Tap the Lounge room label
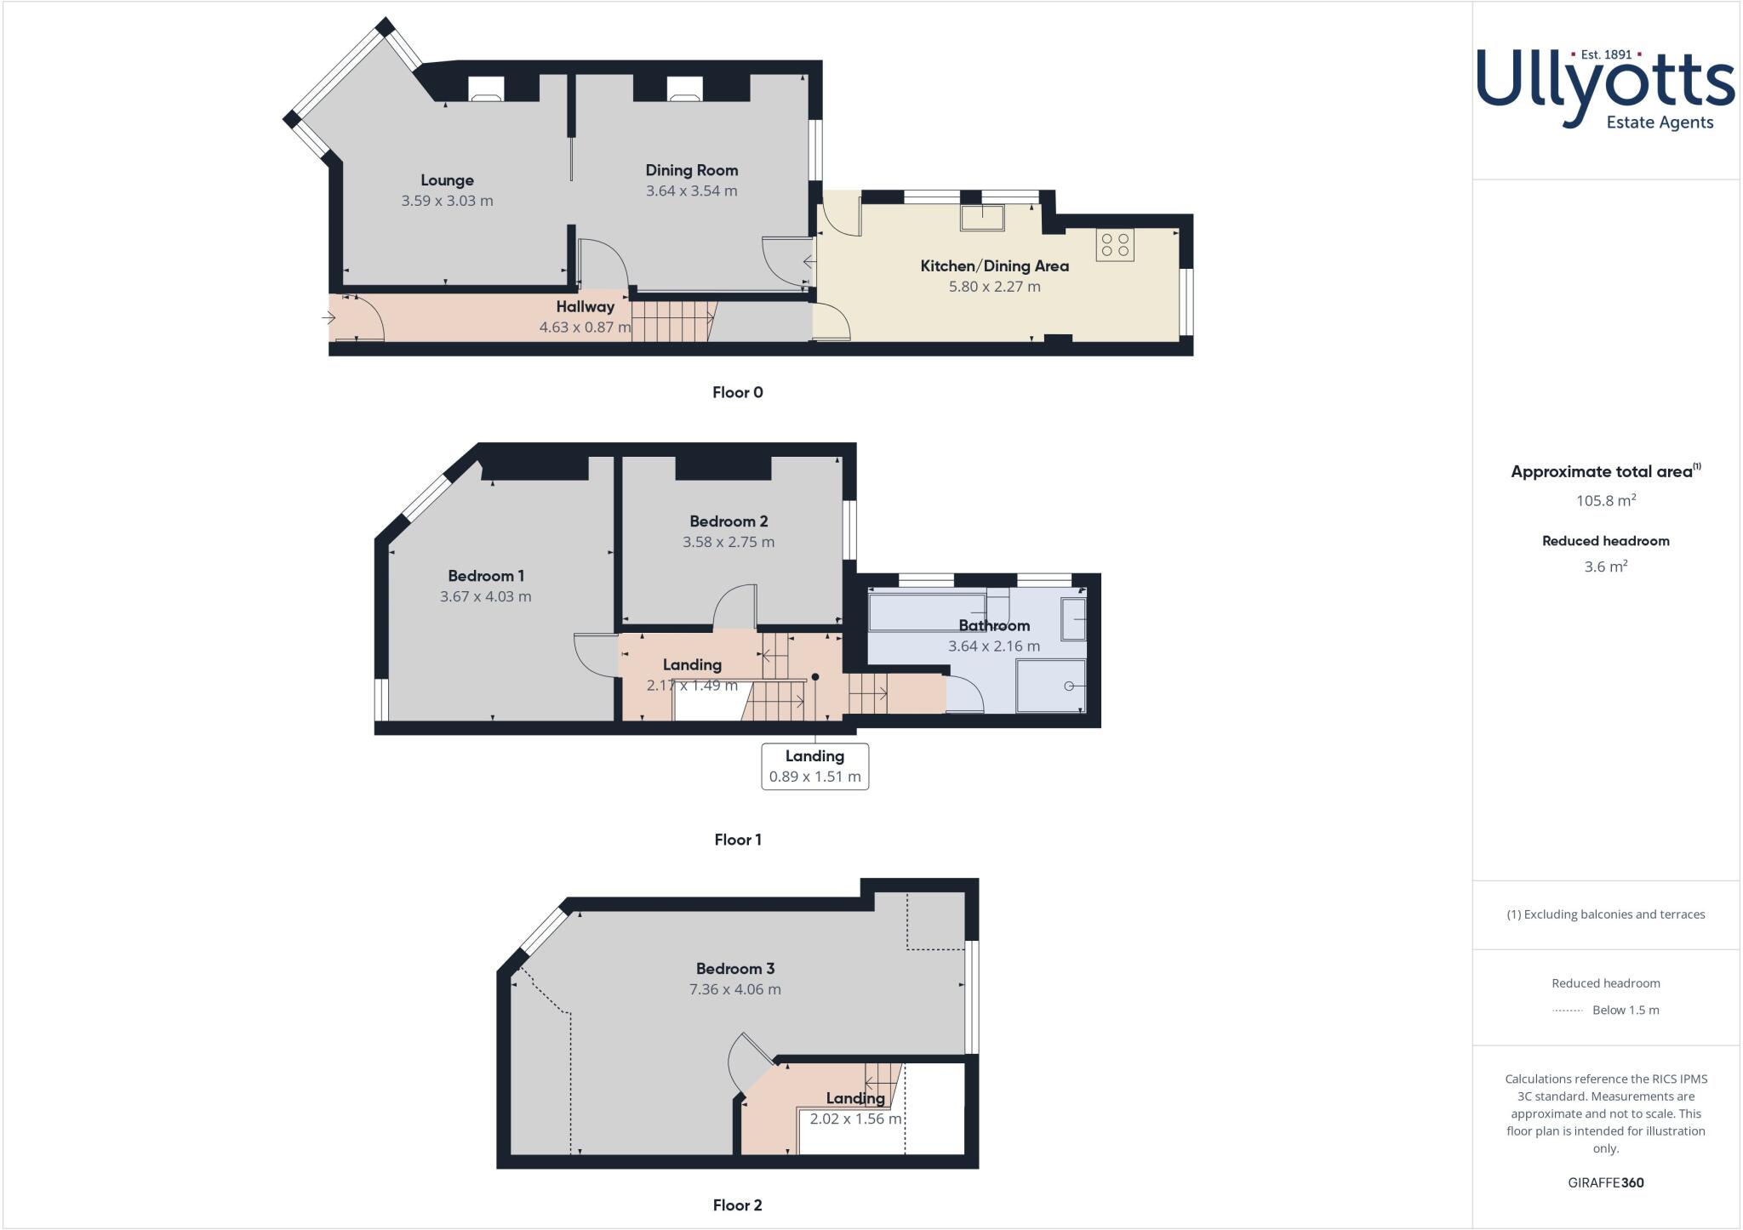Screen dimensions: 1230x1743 point(447,180)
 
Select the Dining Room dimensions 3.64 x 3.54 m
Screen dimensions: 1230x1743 point(691,191)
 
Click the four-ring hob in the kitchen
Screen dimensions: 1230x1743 point(1115,245)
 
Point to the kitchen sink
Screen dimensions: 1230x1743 point(982,218)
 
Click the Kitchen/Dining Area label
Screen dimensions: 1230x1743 point(994,266)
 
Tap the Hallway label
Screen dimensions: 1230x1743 point(585,307)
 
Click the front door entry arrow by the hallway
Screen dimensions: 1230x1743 point(329,318)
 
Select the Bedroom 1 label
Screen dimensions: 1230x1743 point(485,576)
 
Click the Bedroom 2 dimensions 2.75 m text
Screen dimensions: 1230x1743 point(729,542)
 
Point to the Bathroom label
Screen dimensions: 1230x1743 point(994,626)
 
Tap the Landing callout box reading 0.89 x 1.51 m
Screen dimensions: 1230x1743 point(814,766)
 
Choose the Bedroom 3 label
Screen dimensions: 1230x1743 point(734,969)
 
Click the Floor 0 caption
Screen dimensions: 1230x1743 point(737,392)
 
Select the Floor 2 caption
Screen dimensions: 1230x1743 point(737,1205)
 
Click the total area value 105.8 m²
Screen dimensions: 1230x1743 point(1605,500)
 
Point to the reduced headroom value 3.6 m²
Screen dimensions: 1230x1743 point(1605,567)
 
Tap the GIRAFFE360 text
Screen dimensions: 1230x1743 point(1605,1182)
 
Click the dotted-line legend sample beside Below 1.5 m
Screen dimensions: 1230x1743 point(1567,1011)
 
